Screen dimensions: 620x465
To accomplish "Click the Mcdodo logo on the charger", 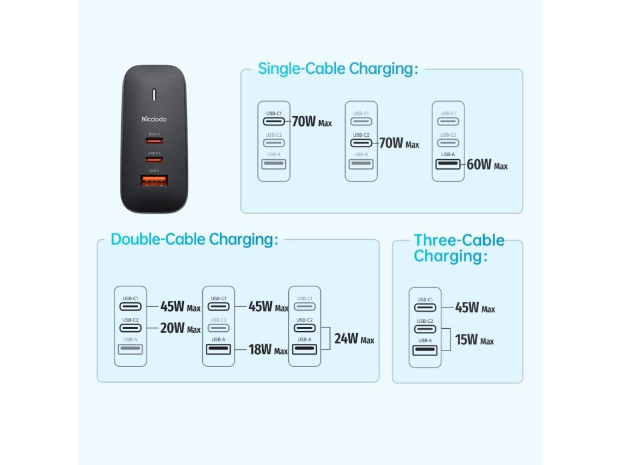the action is tap(154, 119).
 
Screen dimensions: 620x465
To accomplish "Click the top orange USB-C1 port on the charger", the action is tap(154, 141).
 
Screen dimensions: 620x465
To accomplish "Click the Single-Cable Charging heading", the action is tap(338, 68).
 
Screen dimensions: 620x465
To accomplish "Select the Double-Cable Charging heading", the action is tap(194, 239).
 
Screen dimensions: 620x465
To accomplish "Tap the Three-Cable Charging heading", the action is tap(458, 248).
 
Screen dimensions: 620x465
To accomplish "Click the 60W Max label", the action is tap(487, 165).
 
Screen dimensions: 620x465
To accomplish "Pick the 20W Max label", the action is tap(180, 328).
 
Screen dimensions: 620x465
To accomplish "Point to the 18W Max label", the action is tap(268, 349).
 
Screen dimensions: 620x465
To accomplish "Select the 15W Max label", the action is tap(474, 340).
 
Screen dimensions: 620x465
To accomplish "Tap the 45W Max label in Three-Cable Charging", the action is tap(475, 308).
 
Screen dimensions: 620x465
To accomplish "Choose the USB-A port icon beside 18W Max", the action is tap(218, 349).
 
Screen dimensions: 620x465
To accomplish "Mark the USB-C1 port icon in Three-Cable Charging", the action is tap(425, 308).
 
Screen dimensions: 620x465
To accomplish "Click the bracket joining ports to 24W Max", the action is tap(325, 338).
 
